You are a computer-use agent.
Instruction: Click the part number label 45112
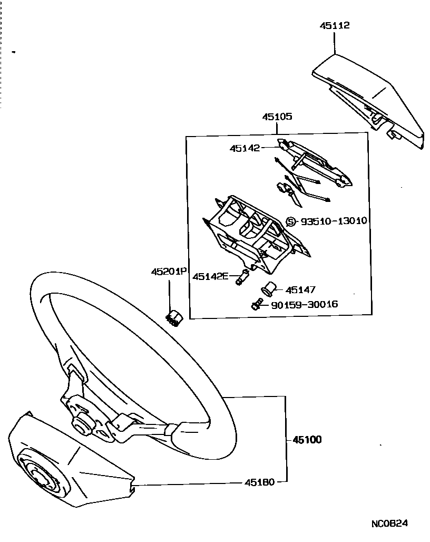pyautogui.click(x=335, y=25)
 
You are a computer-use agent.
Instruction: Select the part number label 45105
pyautogui.click(x=277, y=117)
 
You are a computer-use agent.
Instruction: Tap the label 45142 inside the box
pyautogui.click(x=245, y=149)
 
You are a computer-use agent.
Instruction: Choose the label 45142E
pyautogui.click(x=210, y=276)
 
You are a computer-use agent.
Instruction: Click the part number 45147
pyautogui.click(x=300, y=289)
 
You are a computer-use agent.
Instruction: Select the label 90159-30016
pyautogui.click(x=305, y=305)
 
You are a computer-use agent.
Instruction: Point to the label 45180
pyautogui.click(x=259, y=482)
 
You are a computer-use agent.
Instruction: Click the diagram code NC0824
pyautogui.click(x=389, y=524)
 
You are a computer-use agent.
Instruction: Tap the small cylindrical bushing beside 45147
pyautogui.click(x=269, y=288)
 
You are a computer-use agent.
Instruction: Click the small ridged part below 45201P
pyautogui.click(x=172, y=318)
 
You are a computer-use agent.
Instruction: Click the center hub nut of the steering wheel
pyautogui.click(x=83, y=423)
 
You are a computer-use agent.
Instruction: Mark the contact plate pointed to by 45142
pyautogui.click(x=316, y=163)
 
